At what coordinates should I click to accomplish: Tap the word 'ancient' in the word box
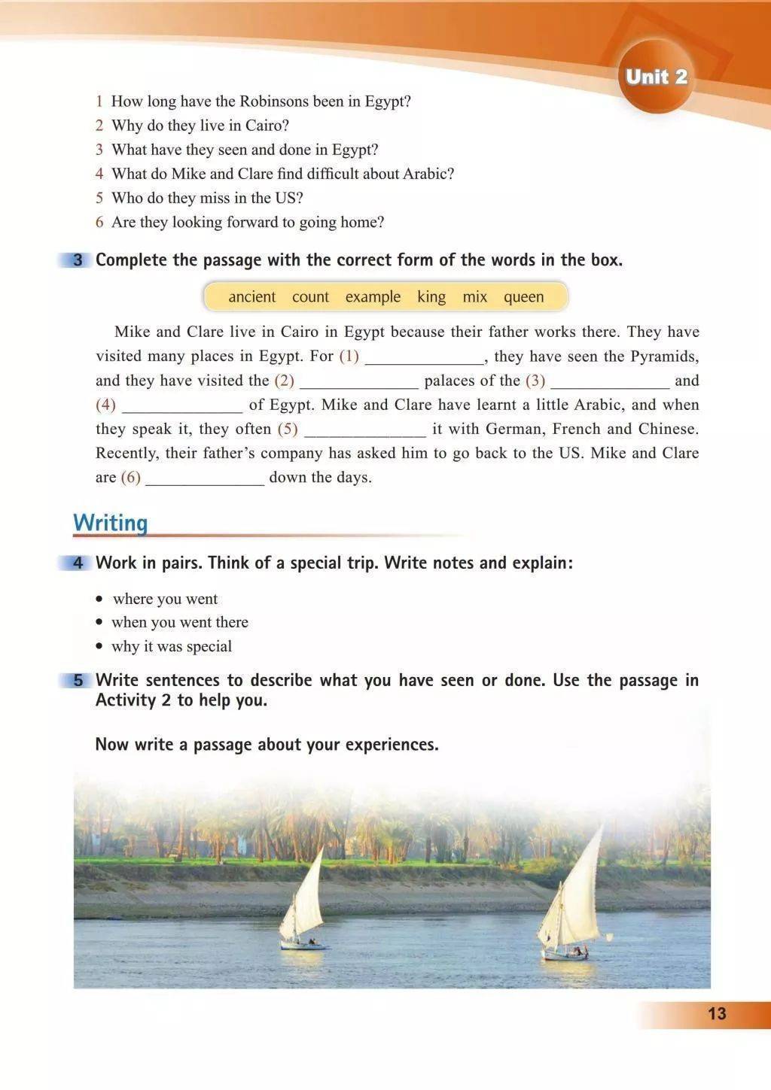coord(251,297)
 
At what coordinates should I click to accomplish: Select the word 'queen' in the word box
coord(523,297)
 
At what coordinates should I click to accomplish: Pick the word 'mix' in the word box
coord(474,297)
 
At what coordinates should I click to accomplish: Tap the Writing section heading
coord(110,523)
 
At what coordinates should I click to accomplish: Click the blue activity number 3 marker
coord(78,260)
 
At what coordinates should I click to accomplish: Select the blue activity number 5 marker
coord(78,681)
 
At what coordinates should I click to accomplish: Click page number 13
coord(717,1013)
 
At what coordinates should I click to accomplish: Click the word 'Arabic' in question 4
coord(428,174)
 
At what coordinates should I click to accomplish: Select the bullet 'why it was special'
coord(172,647)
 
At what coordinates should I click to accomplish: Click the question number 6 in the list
coord(99,223)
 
